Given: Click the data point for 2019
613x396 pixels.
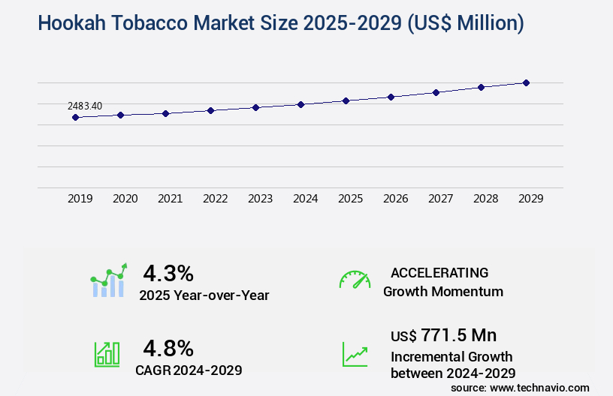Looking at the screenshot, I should [x=75, y=117].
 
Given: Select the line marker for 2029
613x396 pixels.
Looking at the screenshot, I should [x=526, y=82].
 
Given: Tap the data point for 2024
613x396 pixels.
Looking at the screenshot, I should [x=300, y=104].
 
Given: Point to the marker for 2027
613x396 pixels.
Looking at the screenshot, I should [x=436, y=92].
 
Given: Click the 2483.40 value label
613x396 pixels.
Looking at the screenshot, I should [x=85, y=106].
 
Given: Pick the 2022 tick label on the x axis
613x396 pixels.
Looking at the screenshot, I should [x=215, y=199].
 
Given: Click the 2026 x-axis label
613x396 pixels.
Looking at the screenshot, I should [x=395, y=199].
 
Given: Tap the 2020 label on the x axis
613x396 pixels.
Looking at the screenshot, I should [x=125, y=199].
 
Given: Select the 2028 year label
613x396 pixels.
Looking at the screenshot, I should [x=485, y=199].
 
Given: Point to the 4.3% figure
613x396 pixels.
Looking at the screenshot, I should [x=168, y=272].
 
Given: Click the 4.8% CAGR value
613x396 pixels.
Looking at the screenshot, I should [x=168, y=348].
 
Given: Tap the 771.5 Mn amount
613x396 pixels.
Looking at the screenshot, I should [x=458, y=334].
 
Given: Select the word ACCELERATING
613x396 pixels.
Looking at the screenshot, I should [x=439, y=272].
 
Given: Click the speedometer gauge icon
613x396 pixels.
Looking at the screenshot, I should [x=355, y=280].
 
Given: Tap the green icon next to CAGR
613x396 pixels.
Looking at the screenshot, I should [x=106, y=354].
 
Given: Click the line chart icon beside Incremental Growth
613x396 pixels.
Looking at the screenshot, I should [x=355, y=354].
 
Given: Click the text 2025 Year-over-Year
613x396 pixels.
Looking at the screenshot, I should [x=204, y=295].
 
